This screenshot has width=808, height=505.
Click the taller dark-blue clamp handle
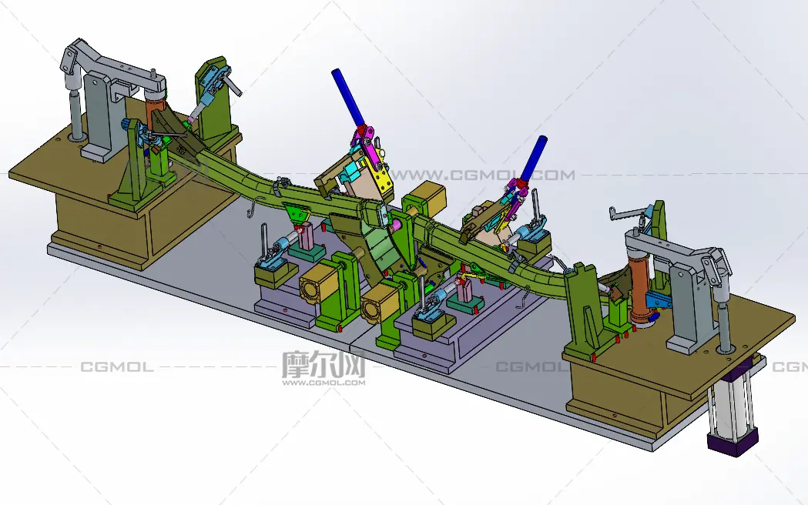pos(348,97)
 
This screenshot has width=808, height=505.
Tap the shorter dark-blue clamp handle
pos(533,158)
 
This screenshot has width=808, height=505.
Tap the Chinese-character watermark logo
pos(324,363)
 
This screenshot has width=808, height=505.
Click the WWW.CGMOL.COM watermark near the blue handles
pos(483,175)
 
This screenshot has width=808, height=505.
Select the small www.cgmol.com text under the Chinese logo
pos(324,383)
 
